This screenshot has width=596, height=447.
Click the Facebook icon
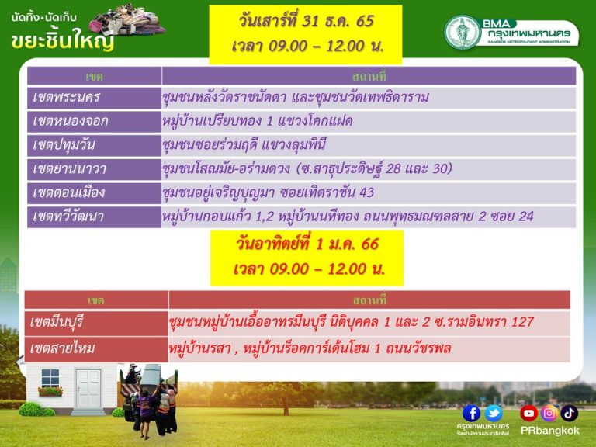point(471,413)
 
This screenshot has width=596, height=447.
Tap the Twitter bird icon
point(494,413)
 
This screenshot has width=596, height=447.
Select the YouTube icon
point(528,413)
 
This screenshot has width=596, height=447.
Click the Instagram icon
point(549,413)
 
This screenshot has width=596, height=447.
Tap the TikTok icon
point(569,413)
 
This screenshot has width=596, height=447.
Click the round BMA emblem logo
point(463,32)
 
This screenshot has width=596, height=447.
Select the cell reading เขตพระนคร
point(94,97)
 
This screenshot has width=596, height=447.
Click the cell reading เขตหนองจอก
point(94,121)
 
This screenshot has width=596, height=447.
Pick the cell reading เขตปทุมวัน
point(94,145)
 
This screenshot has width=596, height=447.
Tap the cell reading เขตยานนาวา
point(94,168)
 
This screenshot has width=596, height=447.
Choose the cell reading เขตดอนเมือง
point(94,192)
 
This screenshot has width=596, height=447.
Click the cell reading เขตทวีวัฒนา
point(94,217)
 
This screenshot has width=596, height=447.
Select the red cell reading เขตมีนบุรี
point(96,323)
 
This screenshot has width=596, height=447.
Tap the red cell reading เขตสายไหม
point(96,348)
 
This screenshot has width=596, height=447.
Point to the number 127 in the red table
point(522,322)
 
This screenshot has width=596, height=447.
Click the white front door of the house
point(88,389)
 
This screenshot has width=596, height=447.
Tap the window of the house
point(50,378)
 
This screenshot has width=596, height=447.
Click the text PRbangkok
point(549,431)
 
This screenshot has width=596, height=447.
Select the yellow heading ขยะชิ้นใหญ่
point(63,40)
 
